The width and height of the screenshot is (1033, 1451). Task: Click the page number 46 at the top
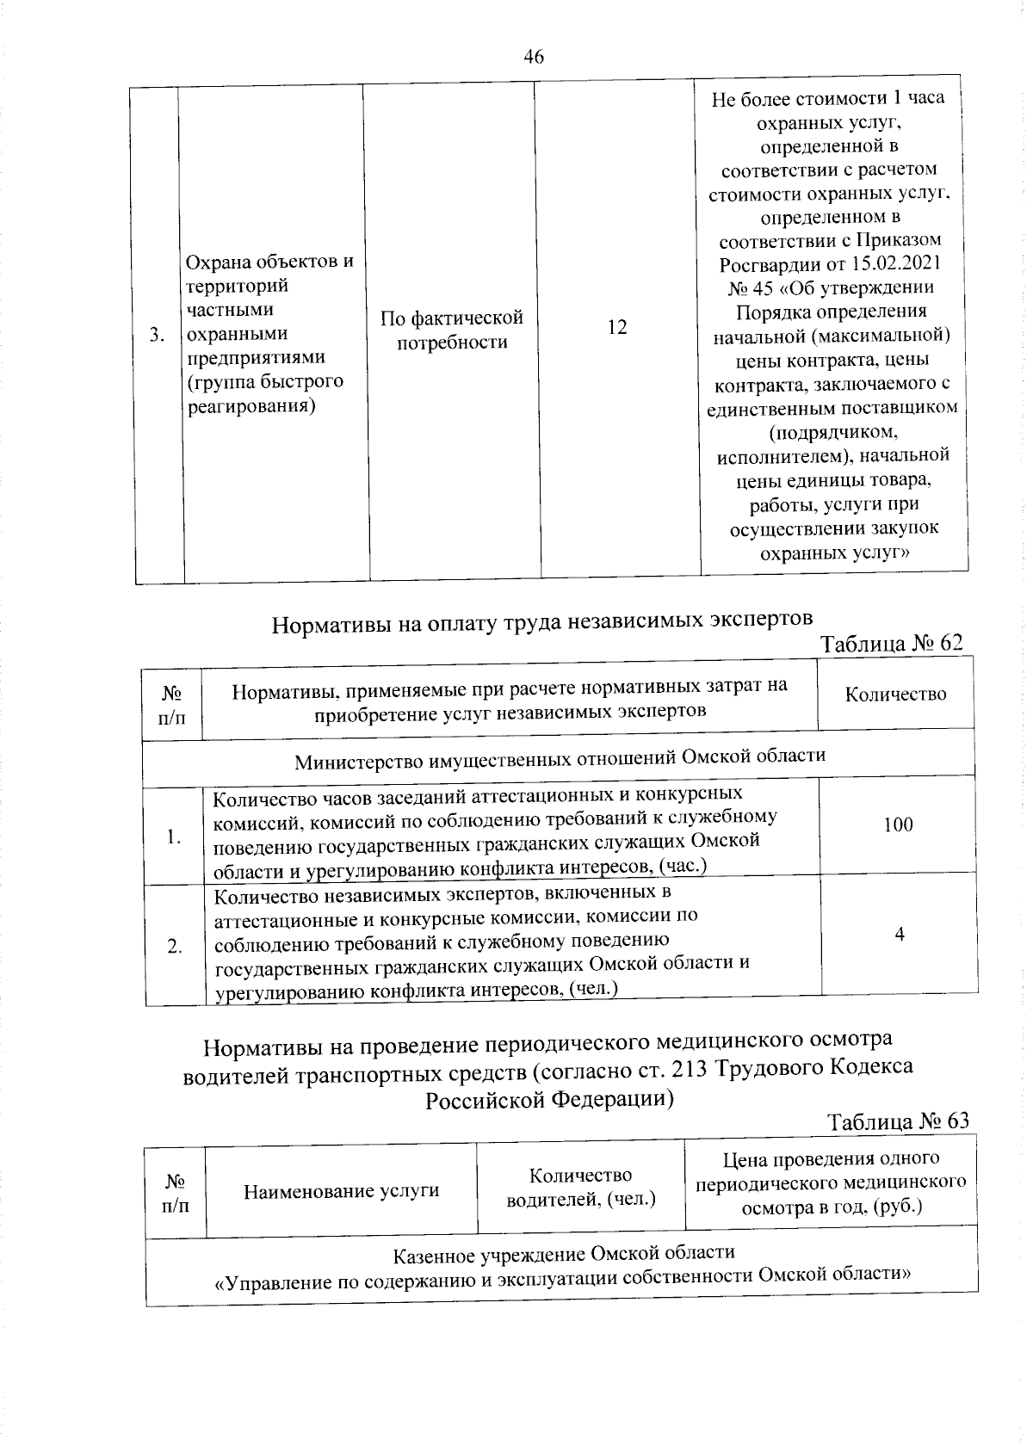coord(533,58)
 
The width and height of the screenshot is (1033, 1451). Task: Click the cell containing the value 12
coord(616,328)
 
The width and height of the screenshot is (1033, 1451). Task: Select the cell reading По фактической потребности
coord(452,330)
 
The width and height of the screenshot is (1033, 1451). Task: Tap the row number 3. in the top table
coord(157,335)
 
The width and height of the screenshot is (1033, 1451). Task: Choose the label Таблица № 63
coord(898,1121)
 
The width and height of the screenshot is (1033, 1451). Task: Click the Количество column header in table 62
coord(895,695)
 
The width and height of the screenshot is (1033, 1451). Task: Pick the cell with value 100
coord(897,824)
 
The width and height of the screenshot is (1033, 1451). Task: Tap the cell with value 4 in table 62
coord(899,934)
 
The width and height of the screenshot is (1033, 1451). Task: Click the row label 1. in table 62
coord(175,837)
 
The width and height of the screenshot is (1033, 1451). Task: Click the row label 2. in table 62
coord(175,947)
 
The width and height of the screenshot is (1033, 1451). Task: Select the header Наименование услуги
coord(342,1191)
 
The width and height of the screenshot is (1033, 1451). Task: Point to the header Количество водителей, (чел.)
coord(581,1187)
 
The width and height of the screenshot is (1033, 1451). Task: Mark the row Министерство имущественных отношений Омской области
coord(560,760)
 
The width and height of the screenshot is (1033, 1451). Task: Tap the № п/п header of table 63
coord(175,1192)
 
